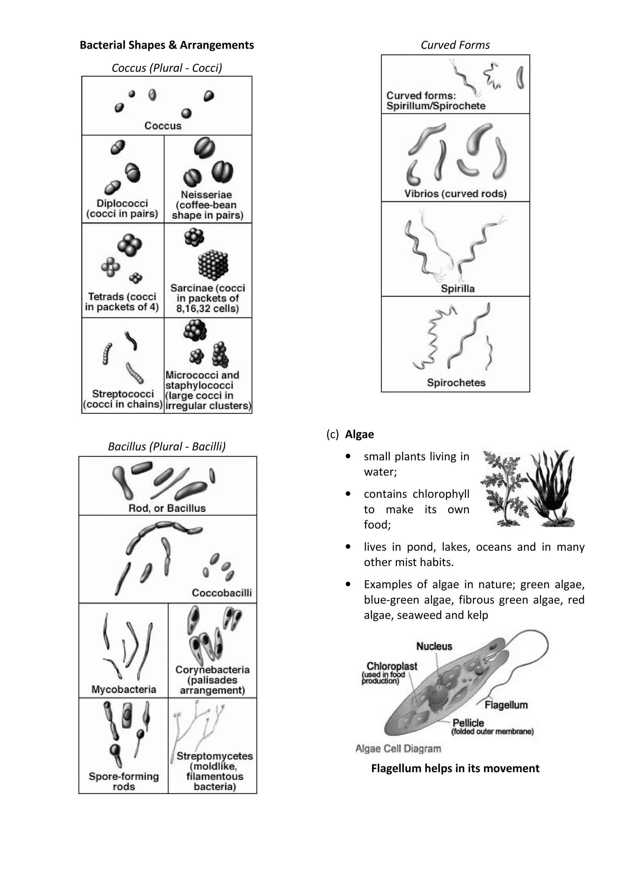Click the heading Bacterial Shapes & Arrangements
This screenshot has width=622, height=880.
coord(166,45)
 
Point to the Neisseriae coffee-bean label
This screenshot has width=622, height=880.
coord(207,205)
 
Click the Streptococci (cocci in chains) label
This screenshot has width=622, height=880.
coord(123,399)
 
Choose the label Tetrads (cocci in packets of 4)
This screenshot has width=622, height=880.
coord(122,302)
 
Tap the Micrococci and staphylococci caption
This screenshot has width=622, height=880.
coord(208,390)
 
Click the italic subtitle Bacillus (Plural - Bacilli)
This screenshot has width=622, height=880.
coord(167,446)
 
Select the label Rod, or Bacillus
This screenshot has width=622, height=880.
coord(167,508)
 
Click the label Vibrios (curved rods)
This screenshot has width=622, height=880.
coord(455,193)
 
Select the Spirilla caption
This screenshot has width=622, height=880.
coord(458,288)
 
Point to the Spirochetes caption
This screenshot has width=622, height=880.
coord(456,383)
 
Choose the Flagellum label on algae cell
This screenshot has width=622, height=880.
coord(506,705)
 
